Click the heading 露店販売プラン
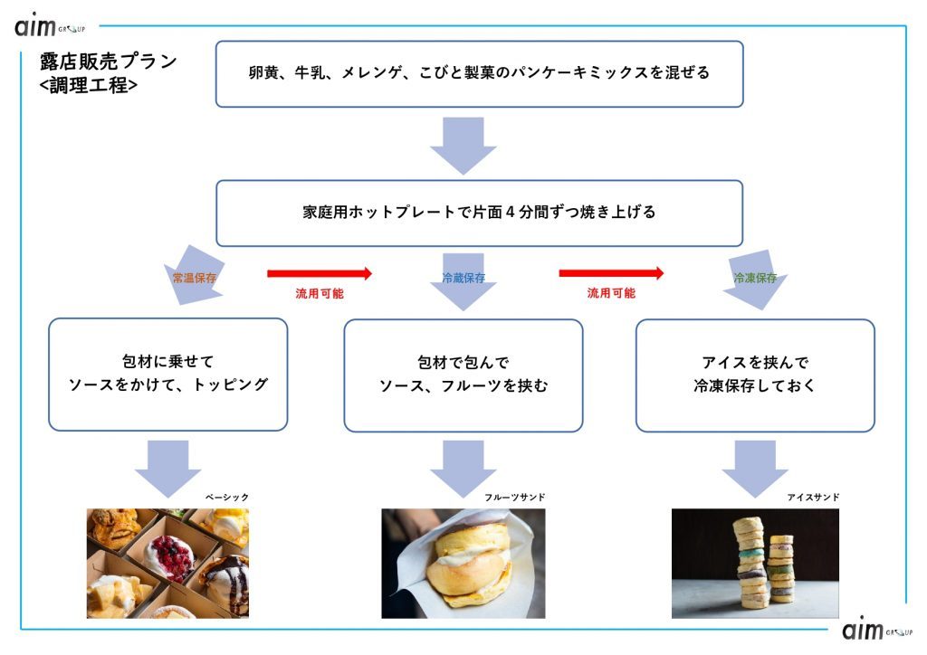tap(108, 62)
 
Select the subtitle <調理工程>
tap(90, 87)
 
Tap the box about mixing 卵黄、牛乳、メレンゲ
tap(479, 73)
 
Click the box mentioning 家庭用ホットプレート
tap(479, 213)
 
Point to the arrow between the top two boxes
tap(463, 144)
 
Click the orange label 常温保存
tap(195, 278)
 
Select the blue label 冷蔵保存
tap(463, 278)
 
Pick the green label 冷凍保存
tap(755, 278)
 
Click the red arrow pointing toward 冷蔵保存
tap(320, 272)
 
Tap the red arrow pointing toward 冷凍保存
tap(611, 272)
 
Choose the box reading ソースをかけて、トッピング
tap(168, 374)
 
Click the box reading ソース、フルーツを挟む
tap(463, 374)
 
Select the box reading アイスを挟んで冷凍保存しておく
tap(755, 374)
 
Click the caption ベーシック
tap(226, 498)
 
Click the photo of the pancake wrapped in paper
tap(463, 563)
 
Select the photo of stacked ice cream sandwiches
tap(755, 563)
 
